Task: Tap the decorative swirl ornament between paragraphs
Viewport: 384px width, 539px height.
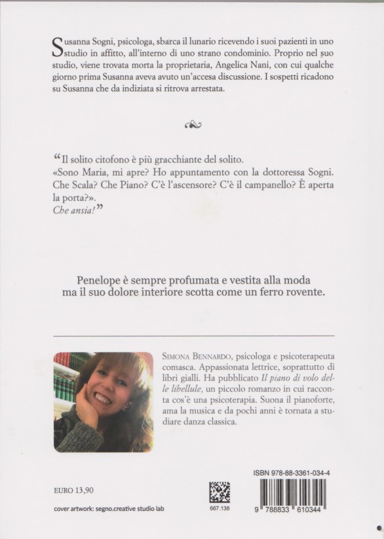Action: (x=192, y=122)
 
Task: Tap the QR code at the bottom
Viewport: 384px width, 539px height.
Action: (x=219, y=491)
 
